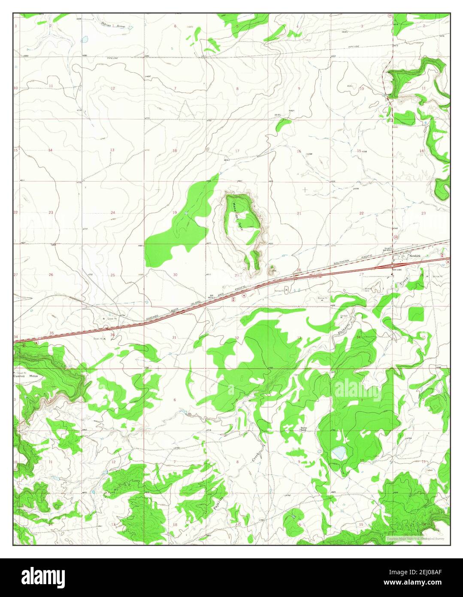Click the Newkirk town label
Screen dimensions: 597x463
414,256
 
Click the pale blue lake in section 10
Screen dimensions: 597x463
339,452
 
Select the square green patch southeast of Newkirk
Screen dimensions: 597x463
415,314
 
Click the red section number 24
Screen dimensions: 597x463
112,213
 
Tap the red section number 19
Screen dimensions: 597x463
175,213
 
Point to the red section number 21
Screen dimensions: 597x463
299,213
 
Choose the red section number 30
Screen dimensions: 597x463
175,274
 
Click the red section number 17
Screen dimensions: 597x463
237,151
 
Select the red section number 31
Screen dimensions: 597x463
174,338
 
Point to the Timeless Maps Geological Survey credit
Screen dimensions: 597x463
415,539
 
